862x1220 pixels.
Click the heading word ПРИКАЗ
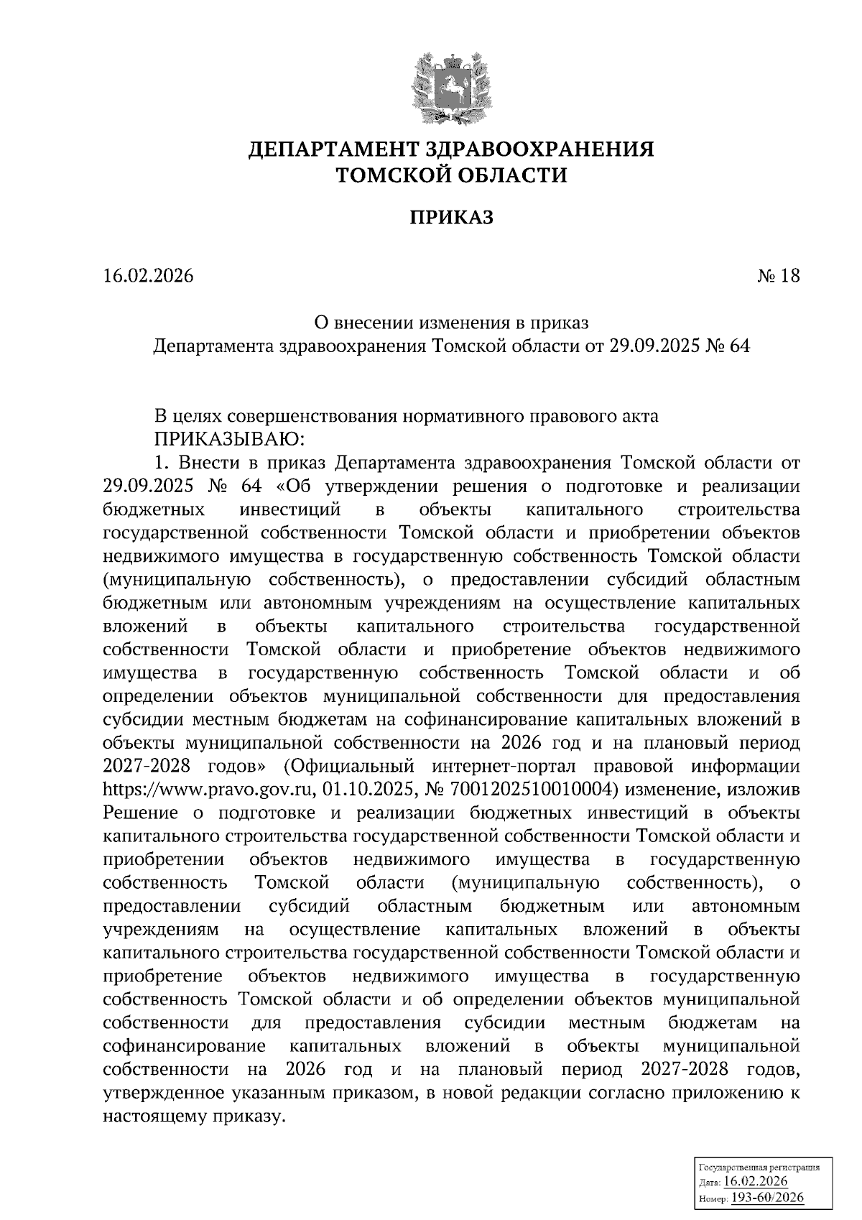pyautogui.click(x=452, y=218)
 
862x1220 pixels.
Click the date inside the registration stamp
pyautogui.click(x=756, y=1182)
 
